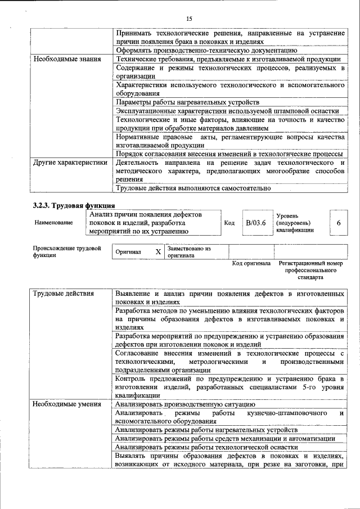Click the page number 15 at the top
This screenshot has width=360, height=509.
coord(189,20)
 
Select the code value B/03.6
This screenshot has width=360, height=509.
coord(255,223)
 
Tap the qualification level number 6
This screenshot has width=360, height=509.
coord(338,223)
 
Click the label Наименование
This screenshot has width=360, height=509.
coord(53,223)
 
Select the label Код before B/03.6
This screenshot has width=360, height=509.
coord(229,223)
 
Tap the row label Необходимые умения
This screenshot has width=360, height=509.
coord(66,404)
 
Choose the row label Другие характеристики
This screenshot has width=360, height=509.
coord(70,163)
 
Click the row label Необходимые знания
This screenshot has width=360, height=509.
coord(66,59)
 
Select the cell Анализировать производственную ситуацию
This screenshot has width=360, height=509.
coord(185,404)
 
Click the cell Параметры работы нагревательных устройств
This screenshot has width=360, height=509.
coord(187,102)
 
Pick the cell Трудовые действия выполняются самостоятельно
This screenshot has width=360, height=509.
coord(193,188)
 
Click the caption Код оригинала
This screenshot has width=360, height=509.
coord(251,263)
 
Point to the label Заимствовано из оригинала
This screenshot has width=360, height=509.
coord(189,251)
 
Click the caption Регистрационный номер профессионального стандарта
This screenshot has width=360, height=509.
coord(310,270)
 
